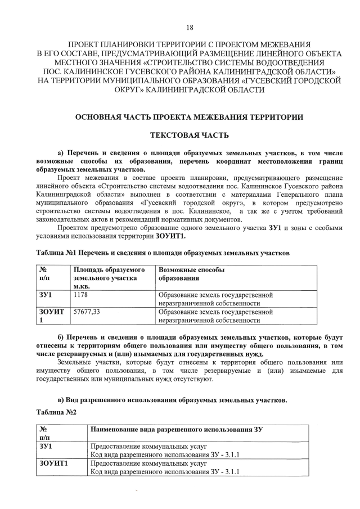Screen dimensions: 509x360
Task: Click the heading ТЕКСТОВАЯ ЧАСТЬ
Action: (190, 136)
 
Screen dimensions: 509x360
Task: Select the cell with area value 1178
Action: (82, 294)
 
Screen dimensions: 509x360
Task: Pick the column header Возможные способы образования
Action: (191, 274)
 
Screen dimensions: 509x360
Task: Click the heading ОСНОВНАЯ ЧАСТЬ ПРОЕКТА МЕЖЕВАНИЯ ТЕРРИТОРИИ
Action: (190, 117)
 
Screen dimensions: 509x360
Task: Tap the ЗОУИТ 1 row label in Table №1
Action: (51, 315)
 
